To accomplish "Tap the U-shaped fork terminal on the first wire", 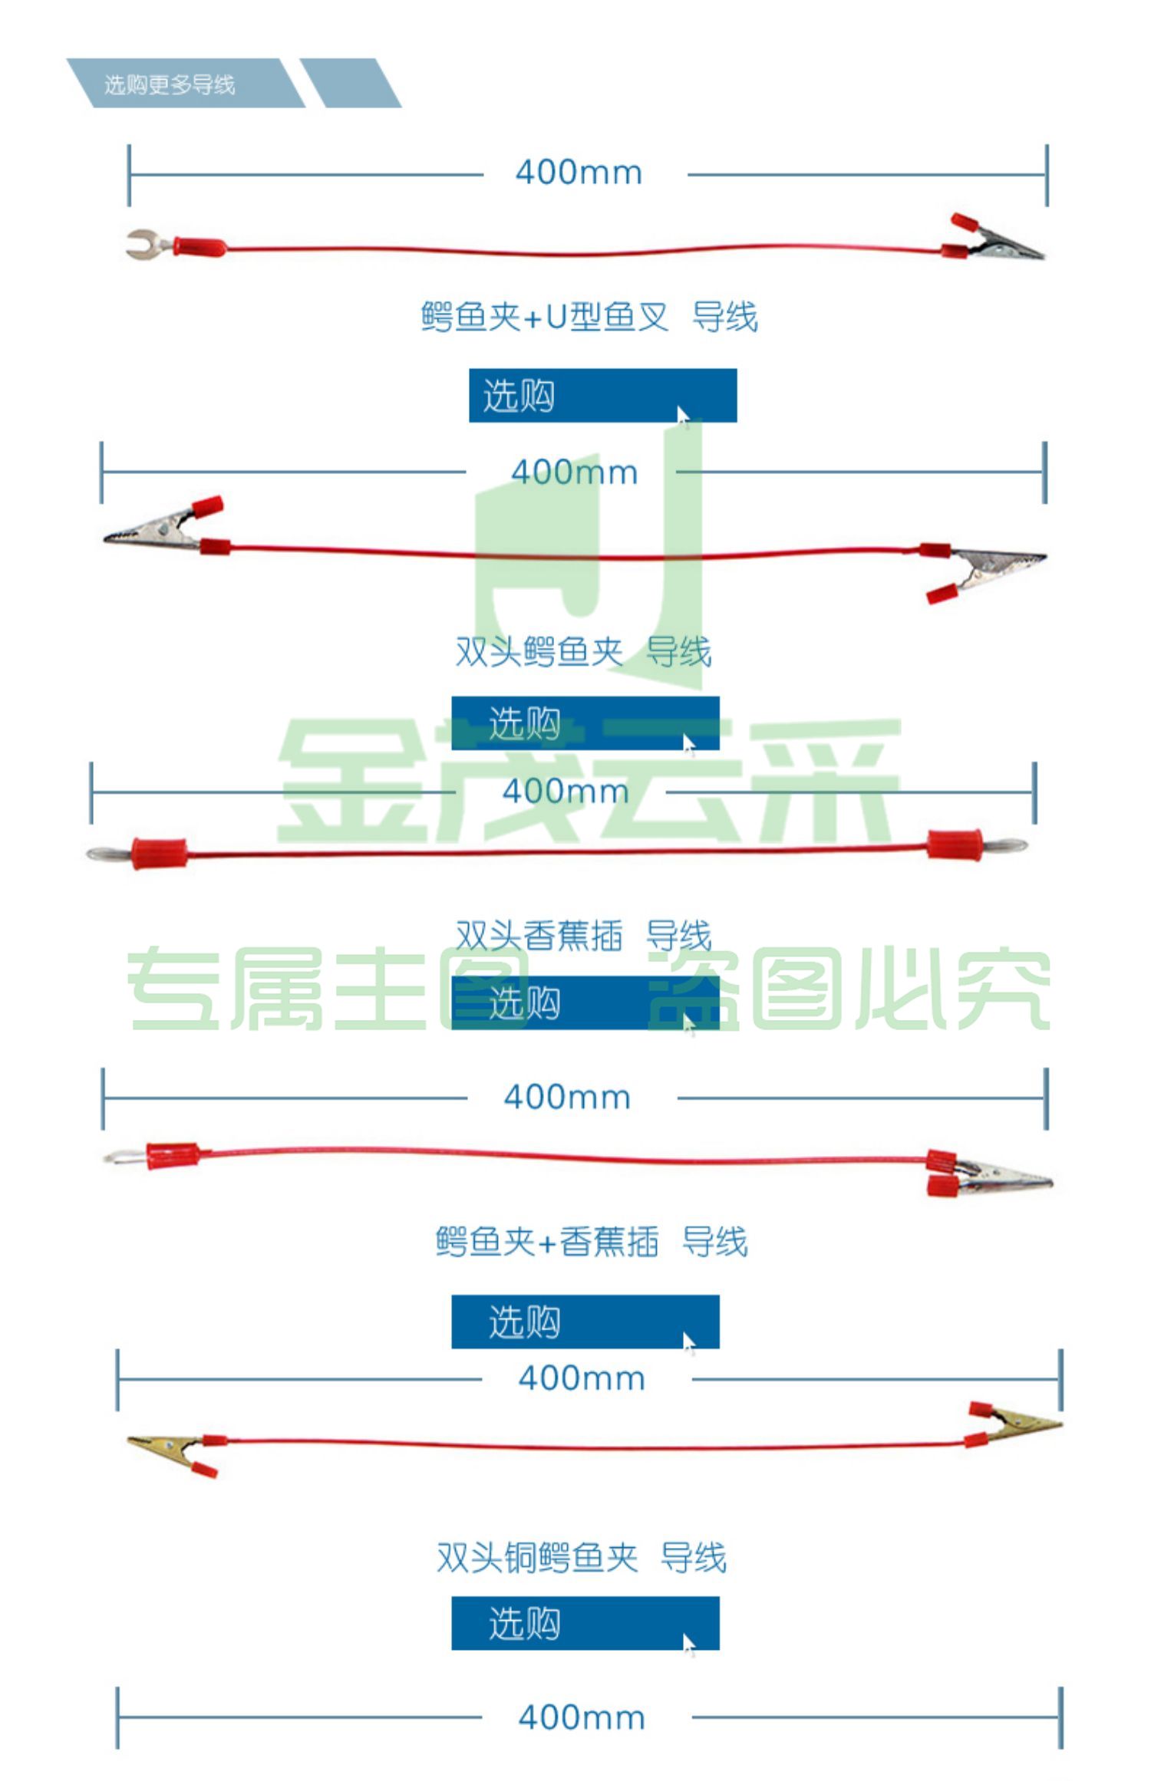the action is pos(150,244).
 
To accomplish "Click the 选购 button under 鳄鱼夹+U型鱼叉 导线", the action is pos(603,396).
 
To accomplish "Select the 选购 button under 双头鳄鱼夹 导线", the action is pos(585,723).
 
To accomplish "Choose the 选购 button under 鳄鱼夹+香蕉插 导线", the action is pos(585,1322).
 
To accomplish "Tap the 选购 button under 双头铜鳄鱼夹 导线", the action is pos(585,1623).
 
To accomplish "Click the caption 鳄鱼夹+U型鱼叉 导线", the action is pos(589,317).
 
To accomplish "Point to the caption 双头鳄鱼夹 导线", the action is pos(583,652).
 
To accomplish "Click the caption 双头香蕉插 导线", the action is pos(583,935).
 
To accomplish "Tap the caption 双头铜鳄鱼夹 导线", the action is pos(582,1558).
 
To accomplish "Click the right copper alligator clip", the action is pos(1014,1425).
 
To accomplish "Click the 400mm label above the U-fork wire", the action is pos(579,173).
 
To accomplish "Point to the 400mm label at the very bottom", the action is pos(582,1718).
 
